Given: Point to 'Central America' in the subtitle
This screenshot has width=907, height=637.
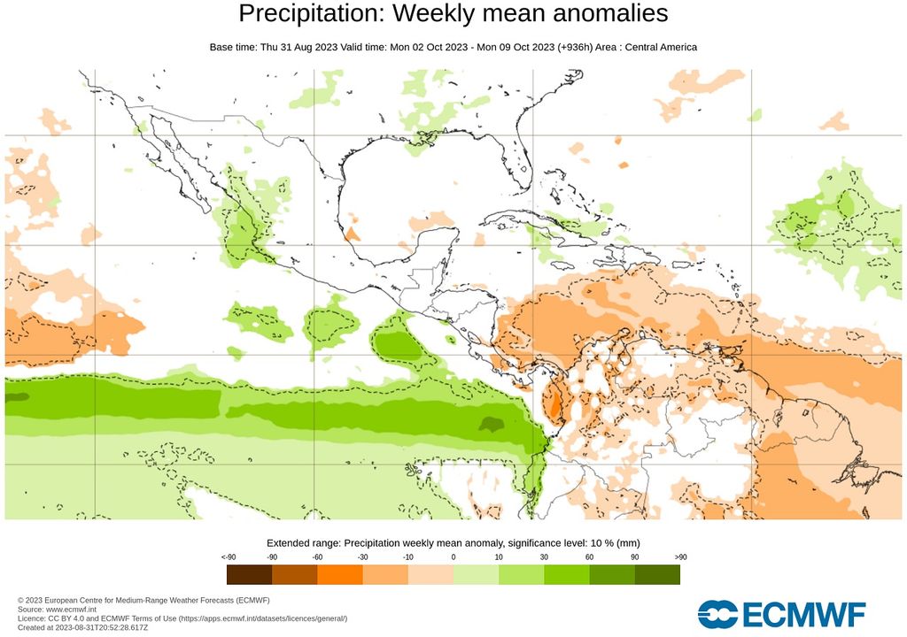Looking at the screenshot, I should pos(661,46).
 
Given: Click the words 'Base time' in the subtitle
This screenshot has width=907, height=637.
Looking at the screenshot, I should pos(233,46).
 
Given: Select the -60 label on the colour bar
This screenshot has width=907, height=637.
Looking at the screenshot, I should pos(317,556).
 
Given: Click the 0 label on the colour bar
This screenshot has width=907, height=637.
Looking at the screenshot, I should pos(453,556).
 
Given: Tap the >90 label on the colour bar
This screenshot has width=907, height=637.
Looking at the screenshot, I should pos(679,556).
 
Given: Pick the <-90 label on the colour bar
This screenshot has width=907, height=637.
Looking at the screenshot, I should pos(228,556).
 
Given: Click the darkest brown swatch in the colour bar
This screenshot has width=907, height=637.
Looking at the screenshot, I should pos(249,575).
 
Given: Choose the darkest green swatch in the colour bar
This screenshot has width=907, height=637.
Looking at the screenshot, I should pos(657,575).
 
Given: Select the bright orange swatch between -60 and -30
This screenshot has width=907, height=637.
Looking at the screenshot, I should pos(340,575).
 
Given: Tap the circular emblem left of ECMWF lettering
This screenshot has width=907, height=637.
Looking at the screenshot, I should pos(717,614).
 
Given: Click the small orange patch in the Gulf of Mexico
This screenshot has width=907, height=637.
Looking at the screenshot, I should pos(352,234).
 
